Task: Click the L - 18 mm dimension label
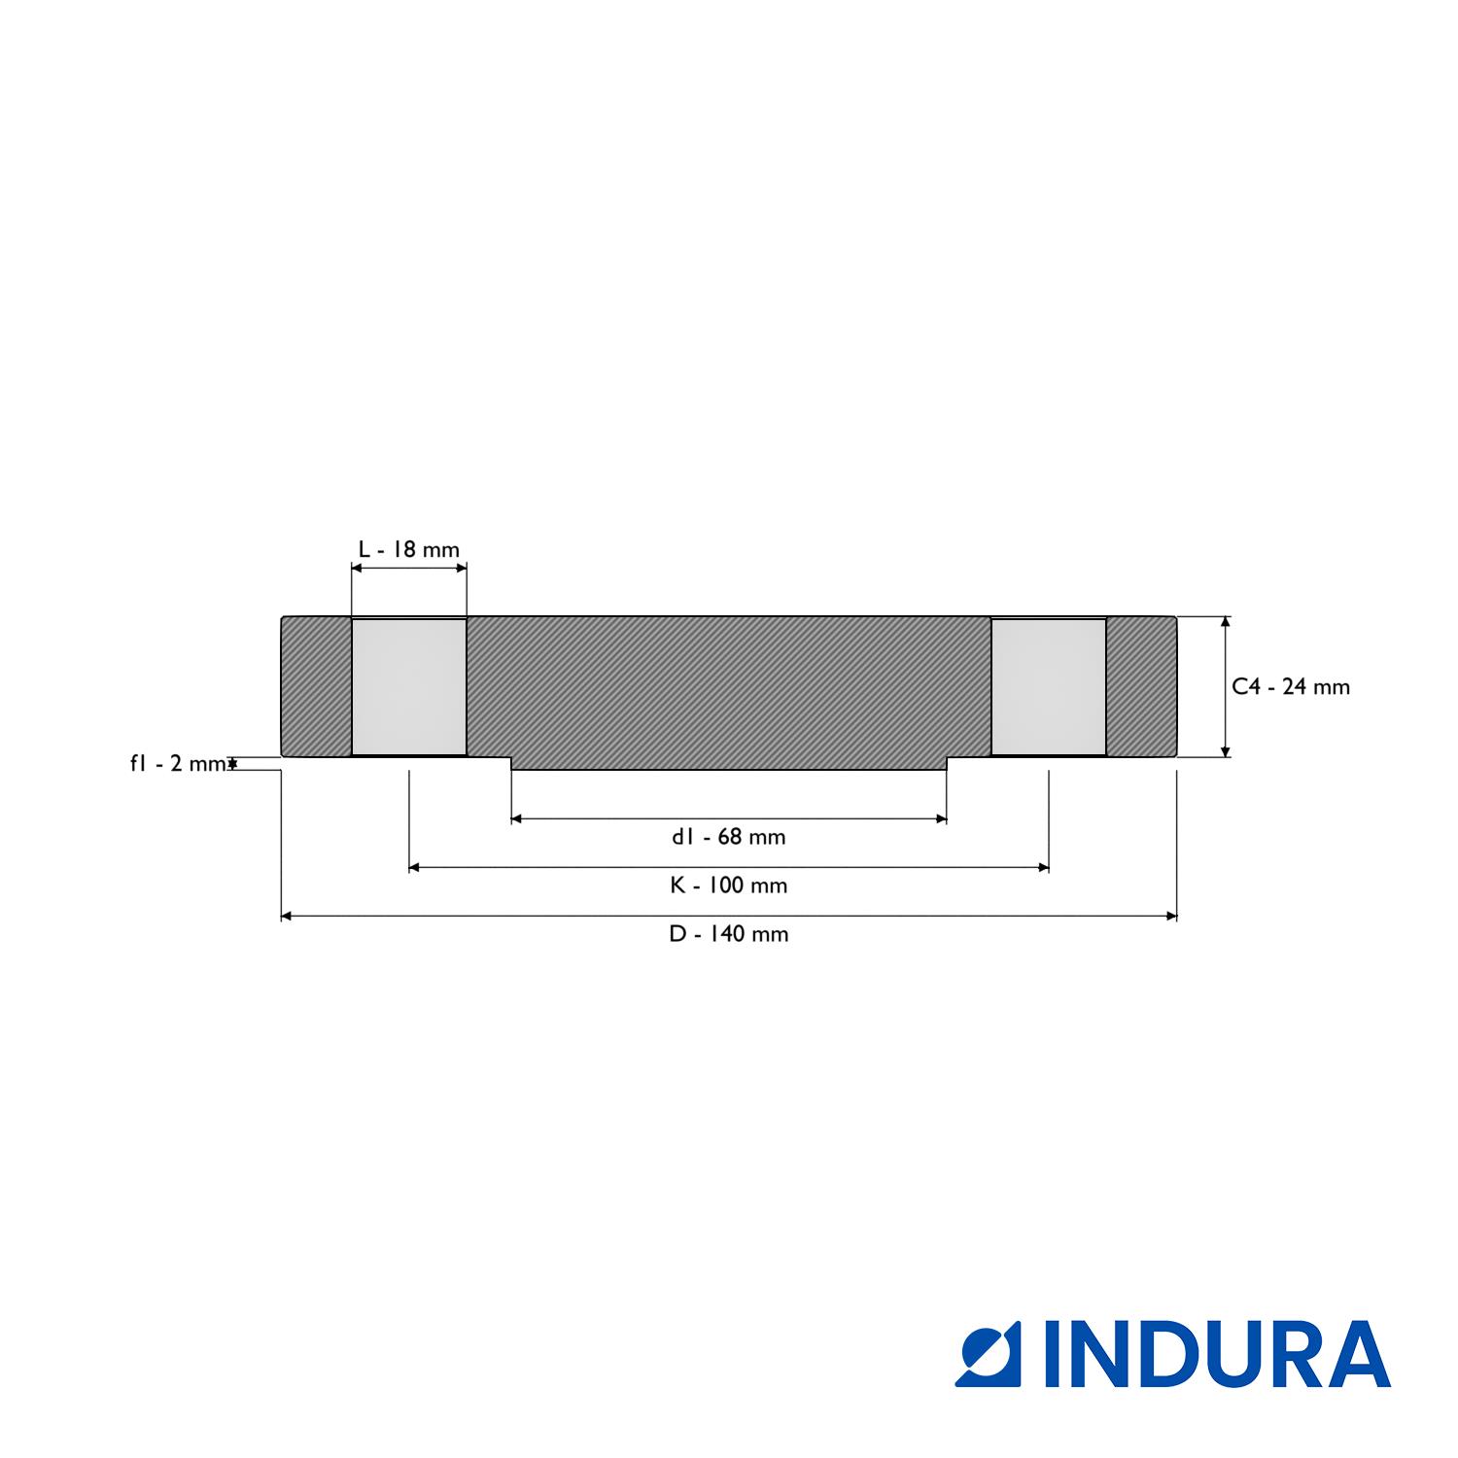(x=408, y=549)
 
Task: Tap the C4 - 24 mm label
(x=1291, y=686)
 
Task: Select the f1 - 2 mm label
(x=179, y=763)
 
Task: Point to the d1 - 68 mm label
(x=728, y=837)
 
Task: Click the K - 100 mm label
(x=728, y=885)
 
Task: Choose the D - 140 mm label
(x=728, y=934)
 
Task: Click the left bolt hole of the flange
(x=408, y=686)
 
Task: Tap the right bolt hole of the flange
(x=1049, y=686)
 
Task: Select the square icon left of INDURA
(x=989, y=1354)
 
